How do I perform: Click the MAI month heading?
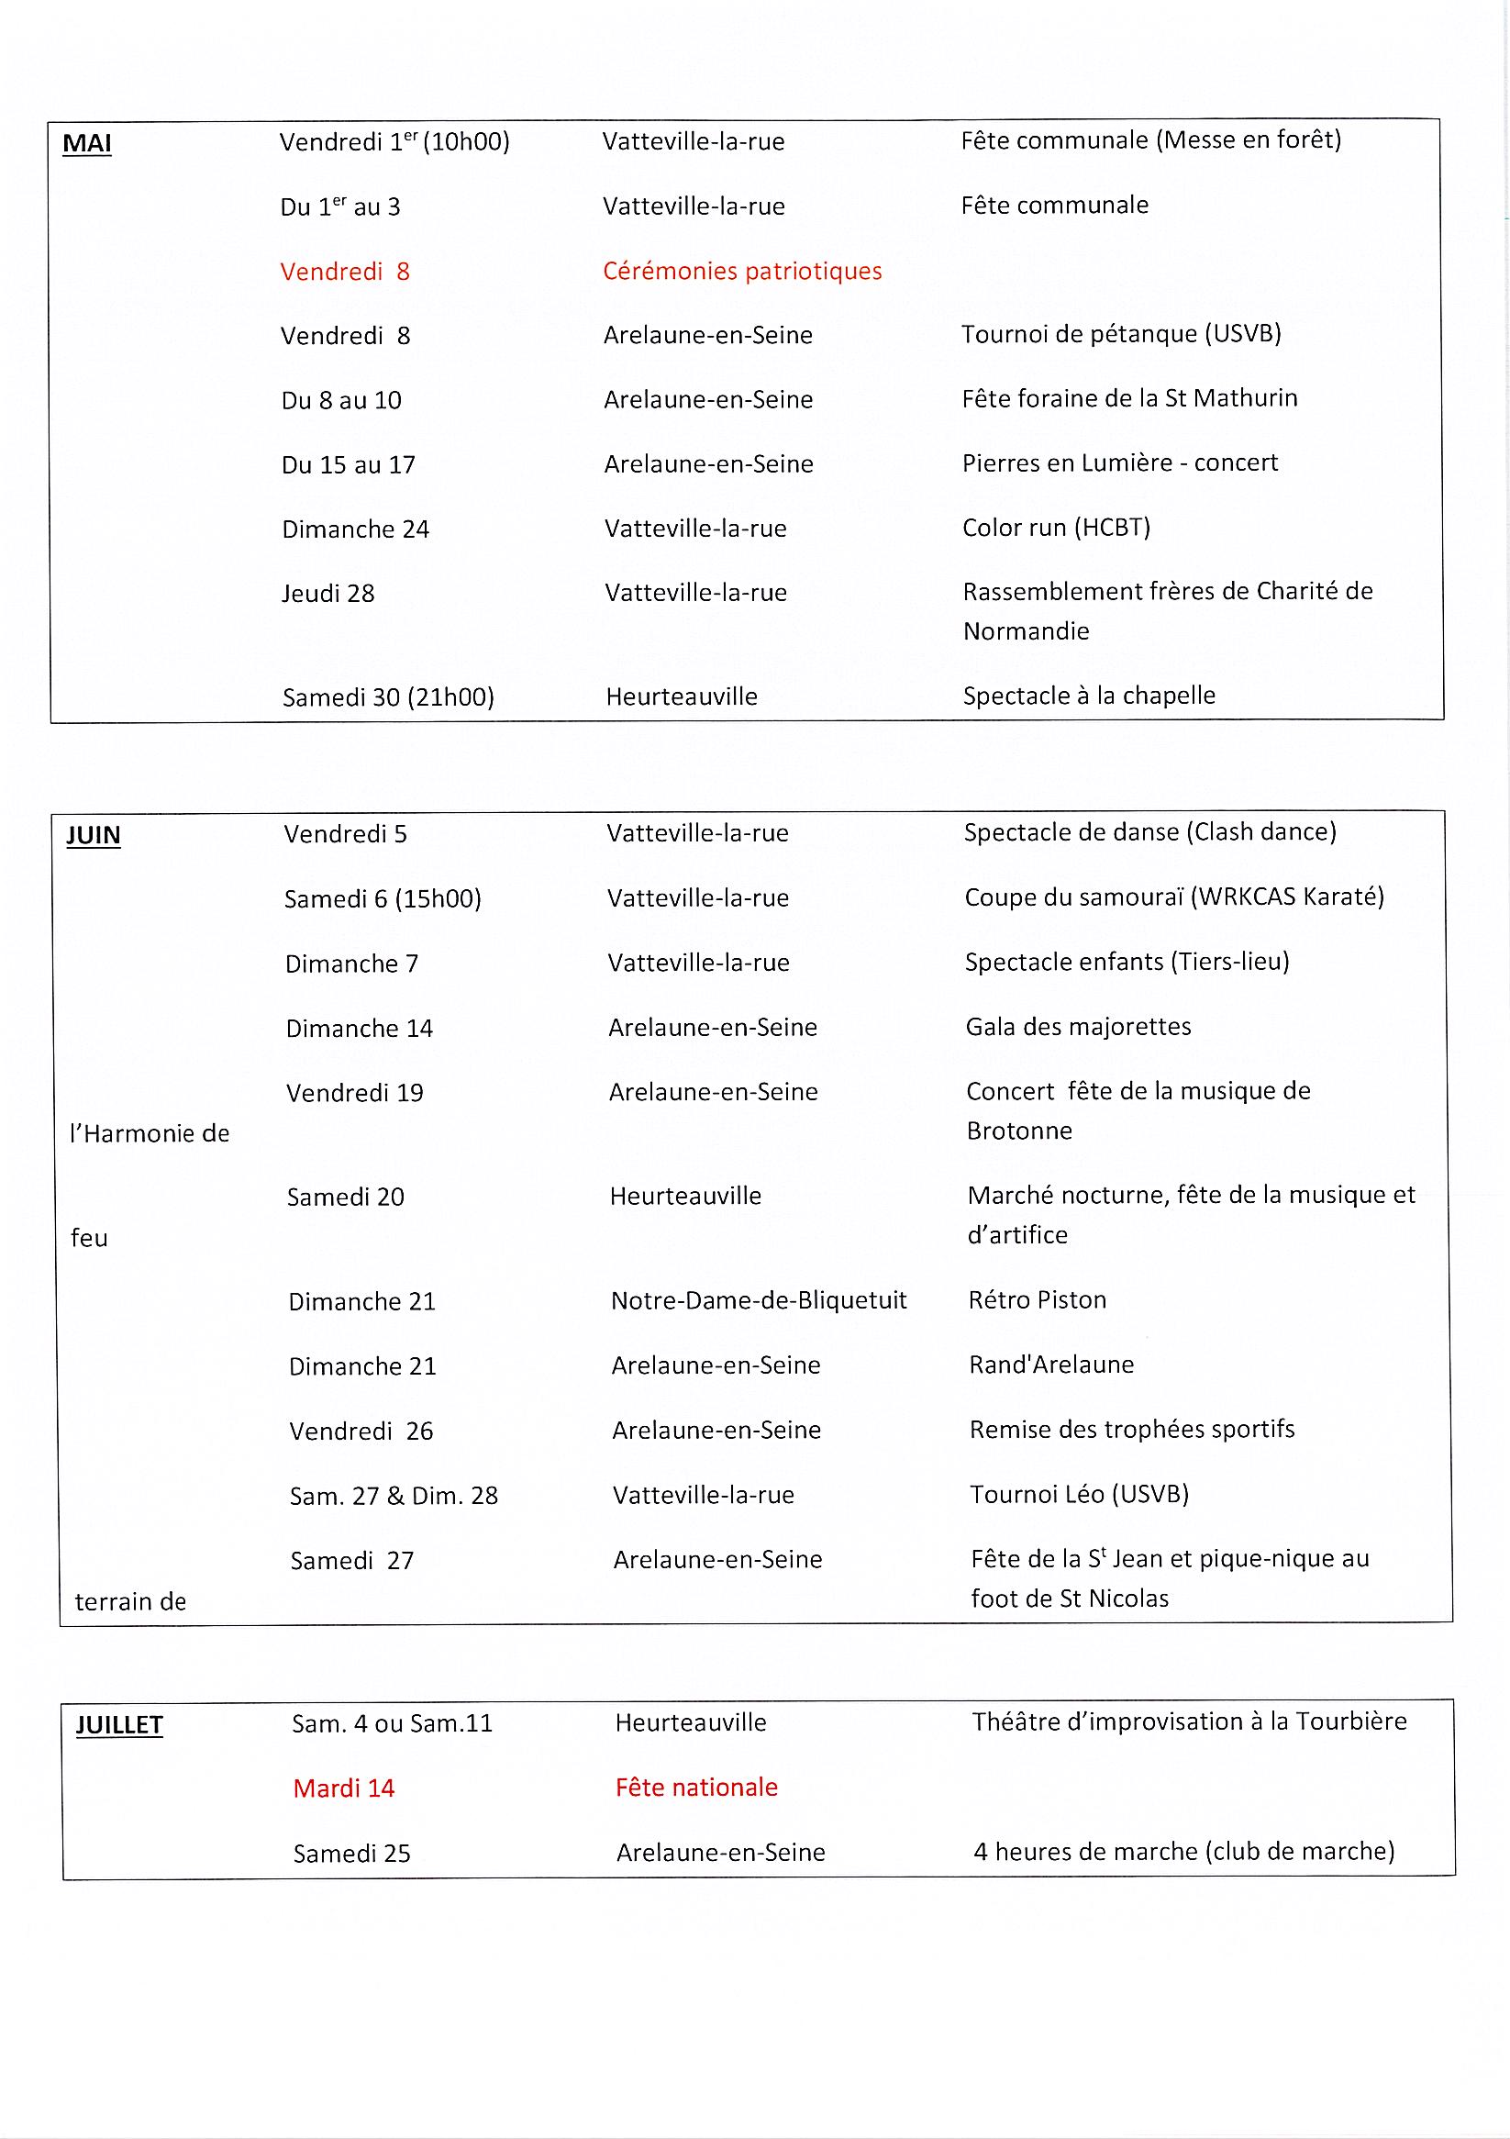[86, 143]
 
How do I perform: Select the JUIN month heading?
[94, 835]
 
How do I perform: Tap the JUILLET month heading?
[119, 1724]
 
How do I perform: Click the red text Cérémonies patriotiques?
[741, 271]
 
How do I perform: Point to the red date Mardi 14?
[344, 1788]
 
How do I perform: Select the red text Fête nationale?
[696, 1787]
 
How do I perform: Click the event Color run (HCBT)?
[1055, 528]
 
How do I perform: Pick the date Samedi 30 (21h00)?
[387, 696]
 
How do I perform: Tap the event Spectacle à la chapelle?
[1089, 695]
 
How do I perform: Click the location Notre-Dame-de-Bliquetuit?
[759, 1300]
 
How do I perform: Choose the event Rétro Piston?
[1037, 1299]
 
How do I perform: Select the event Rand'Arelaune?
[1050, 1365]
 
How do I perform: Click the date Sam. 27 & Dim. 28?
[394, 1495]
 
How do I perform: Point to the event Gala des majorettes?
[1078, 1027]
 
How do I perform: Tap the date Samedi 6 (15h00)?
[382, 899]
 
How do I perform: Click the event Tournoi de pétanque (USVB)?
[1121, 333]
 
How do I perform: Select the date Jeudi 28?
[328, 594]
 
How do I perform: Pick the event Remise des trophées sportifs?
[1132, 1429]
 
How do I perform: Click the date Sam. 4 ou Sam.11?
[391, 1723]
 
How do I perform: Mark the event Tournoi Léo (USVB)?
[1079, 1494]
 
